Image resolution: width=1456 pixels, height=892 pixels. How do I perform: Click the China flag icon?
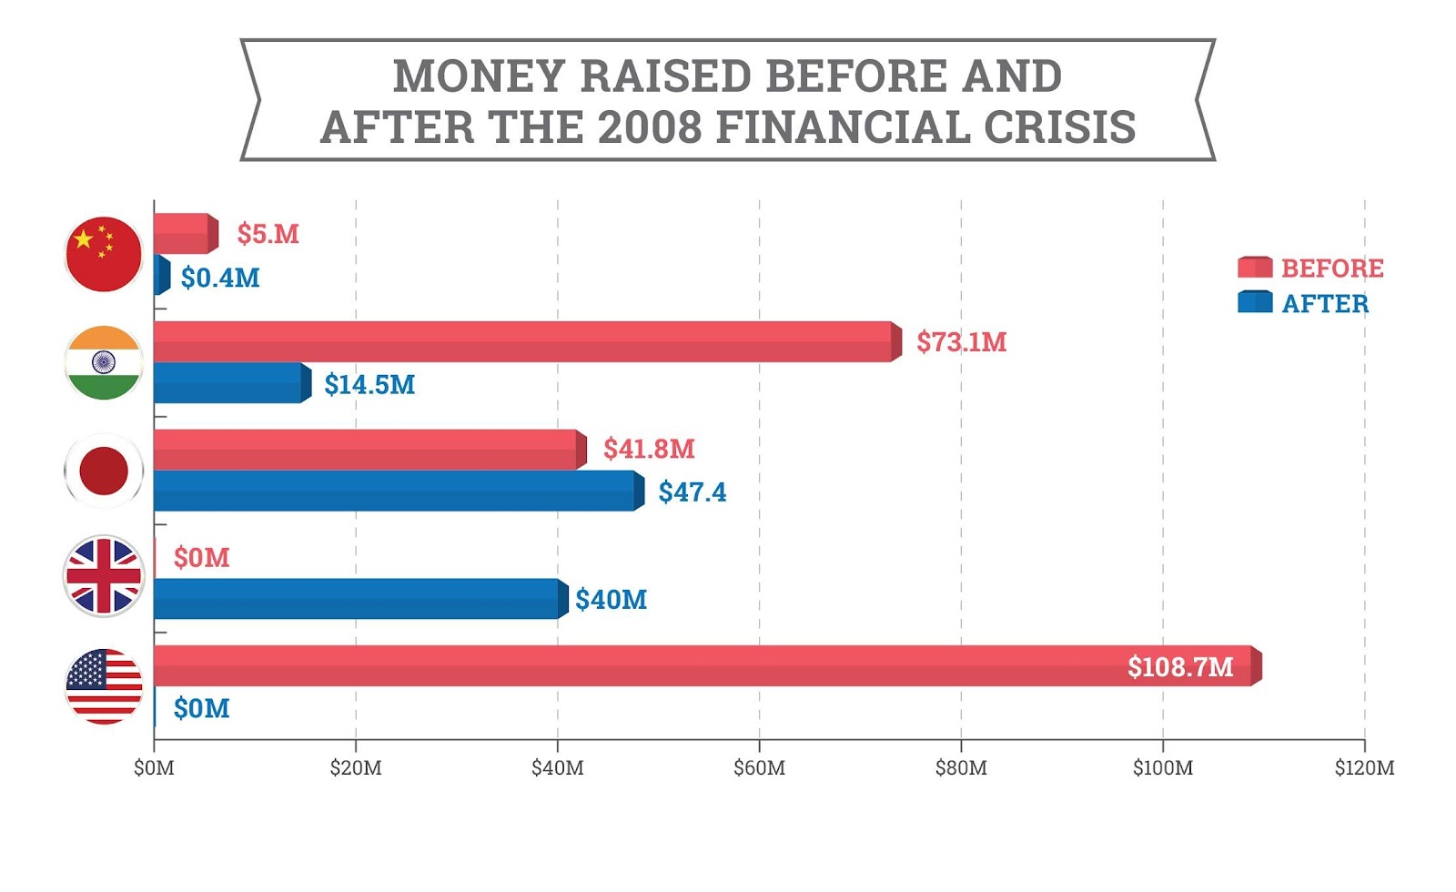[104, 254]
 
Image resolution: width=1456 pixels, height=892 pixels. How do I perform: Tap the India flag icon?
[104, 362]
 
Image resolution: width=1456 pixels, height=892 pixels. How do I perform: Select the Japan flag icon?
[104, 471]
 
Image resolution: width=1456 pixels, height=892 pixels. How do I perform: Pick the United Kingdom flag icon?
[104, 576]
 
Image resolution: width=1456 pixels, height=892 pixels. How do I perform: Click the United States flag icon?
[104, 686]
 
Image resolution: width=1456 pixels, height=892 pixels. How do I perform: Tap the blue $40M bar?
[359, 599]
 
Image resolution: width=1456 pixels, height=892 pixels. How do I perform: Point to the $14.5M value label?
[369, 384]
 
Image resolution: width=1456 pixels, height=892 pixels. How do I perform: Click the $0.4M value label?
[220, 278]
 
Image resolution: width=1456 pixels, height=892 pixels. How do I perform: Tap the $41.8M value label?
[649, 449]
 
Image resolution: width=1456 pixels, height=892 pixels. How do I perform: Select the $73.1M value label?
[961, 341]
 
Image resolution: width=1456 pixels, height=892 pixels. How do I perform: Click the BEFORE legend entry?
[1310, 268]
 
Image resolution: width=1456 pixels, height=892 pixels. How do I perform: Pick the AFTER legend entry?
[1303, 303]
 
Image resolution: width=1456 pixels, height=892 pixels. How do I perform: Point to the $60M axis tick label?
[759, 767]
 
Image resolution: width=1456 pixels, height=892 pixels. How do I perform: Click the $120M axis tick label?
[1364, 767]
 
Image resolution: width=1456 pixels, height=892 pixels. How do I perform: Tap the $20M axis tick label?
[356, 767]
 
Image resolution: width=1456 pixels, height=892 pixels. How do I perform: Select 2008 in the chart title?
[651, 127]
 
